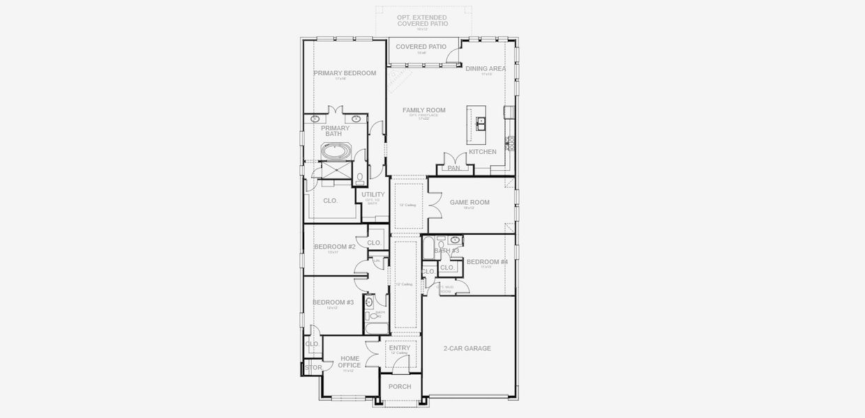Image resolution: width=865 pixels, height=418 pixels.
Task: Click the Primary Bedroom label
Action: pos(345,73)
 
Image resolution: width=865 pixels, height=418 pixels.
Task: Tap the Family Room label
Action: pos(423,110)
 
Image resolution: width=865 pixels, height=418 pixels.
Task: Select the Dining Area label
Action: pos(486,68)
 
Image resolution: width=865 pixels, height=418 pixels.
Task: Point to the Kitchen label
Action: pos(482,152)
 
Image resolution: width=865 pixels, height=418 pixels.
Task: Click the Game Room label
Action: pos(469,203)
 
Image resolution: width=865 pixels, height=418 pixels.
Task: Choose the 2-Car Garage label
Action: pos(467,348)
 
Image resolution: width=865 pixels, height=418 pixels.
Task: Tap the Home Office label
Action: pos(349,362)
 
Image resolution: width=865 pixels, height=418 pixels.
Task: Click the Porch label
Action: pos(400,387)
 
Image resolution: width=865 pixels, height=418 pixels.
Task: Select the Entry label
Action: pos(400,348)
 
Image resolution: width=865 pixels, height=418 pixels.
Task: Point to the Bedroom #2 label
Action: pos(334,247)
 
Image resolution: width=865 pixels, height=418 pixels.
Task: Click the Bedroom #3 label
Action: pos(333,302)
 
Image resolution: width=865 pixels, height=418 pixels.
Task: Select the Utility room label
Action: pos(373,195)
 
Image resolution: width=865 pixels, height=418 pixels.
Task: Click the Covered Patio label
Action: pos(421,47)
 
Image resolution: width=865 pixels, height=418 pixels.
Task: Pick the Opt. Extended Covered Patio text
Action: pos(423,20)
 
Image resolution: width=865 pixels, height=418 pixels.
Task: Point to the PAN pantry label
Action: pos(453,168)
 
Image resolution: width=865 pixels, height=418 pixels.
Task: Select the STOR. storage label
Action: pos(313,367)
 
